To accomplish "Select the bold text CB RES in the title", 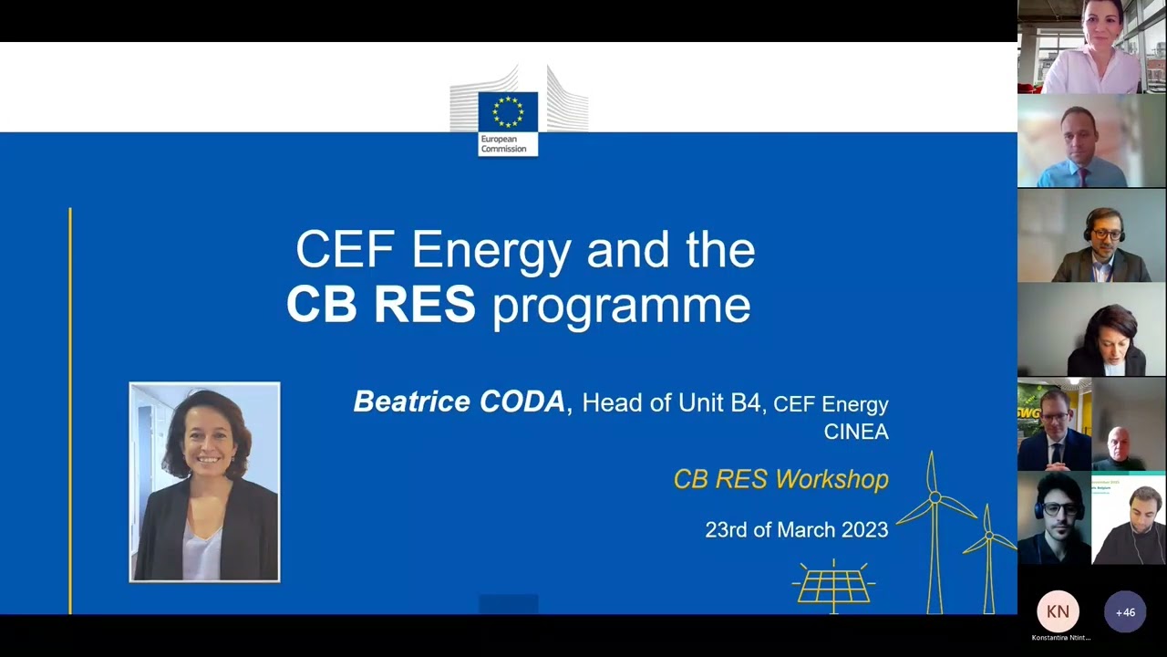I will pos(380,306).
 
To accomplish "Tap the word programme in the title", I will pos(621,308).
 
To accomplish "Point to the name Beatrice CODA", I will pos(459,401).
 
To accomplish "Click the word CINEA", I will pos(855,432).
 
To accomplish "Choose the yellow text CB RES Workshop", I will pos(780,479).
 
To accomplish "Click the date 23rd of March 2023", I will pos(796,529).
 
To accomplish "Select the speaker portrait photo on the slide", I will pos(204,482).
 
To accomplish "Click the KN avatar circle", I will pos(1058,611).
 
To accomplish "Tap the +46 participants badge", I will pos(1125,612).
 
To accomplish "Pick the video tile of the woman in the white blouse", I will pos(1091,47).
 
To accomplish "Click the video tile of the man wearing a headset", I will pos(1091,235).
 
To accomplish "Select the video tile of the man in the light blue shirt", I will pos(1091,141).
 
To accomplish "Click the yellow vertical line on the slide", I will pos(70,411).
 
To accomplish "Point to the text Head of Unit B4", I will pos(671,402).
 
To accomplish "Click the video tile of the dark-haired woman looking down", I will pos(1091,329).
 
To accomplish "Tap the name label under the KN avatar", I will pos(1060,638).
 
